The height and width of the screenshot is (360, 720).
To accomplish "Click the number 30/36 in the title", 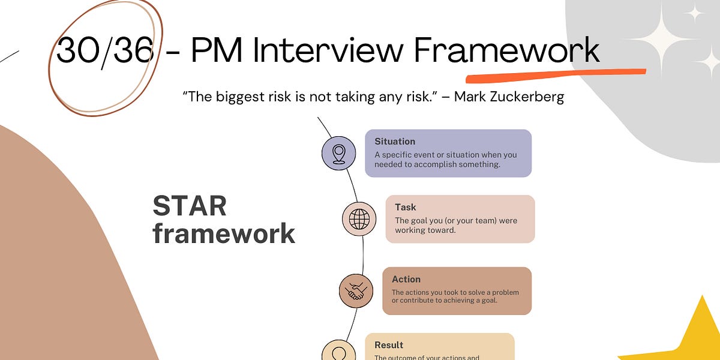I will click(104, 50).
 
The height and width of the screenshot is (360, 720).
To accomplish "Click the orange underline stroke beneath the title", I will click(555, 75).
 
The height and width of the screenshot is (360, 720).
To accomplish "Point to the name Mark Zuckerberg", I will click(509, 97).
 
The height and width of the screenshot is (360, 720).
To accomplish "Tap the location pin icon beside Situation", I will click(338, 153).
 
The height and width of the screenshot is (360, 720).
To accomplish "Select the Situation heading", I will click(395, 142).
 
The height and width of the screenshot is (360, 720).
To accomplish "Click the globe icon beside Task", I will click(359, 218).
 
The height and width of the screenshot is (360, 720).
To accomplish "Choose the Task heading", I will click(405, 207).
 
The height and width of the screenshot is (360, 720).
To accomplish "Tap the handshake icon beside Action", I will click(355, 290).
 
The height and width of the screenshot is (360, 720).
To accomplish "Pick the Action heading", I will click(406, 279).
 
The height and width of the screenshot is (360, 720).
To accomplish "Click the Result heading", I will click(389, 345).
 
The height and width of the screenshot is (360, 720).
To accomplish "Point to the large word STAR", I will click(190, 206).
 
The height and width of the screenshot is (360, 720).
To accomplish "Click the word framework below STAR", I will click(224, 233).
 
